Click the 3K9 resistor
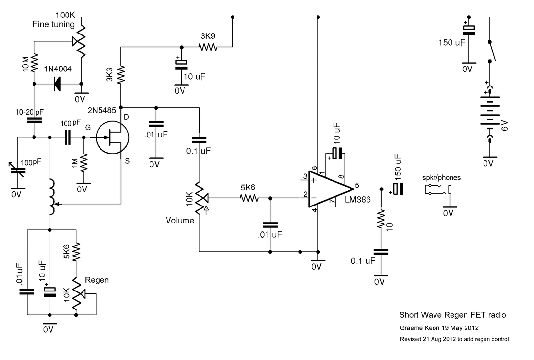point(207,47)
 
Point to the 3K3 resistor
point(120,75)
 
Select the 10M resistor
point(34,62)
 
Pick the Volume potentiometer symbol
point(199,198)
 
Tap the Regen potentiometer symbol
point(77,293)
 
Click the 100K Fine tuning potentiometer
point(81,41)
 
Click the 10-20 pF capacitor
point(34,120)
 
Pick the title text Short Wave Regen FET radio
point(452,315)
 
